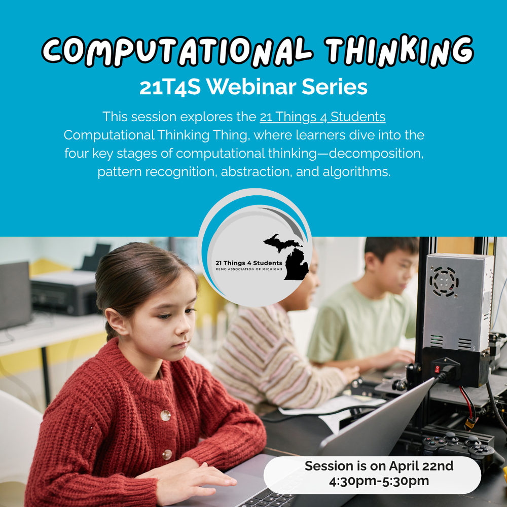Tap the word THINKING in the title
(x=398, y=51)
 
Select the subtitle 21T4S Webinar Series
(x=253, y=87)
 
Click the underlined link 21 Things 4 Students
(x=322, y=117)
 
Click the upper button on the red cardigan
(x=165, y=415)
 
